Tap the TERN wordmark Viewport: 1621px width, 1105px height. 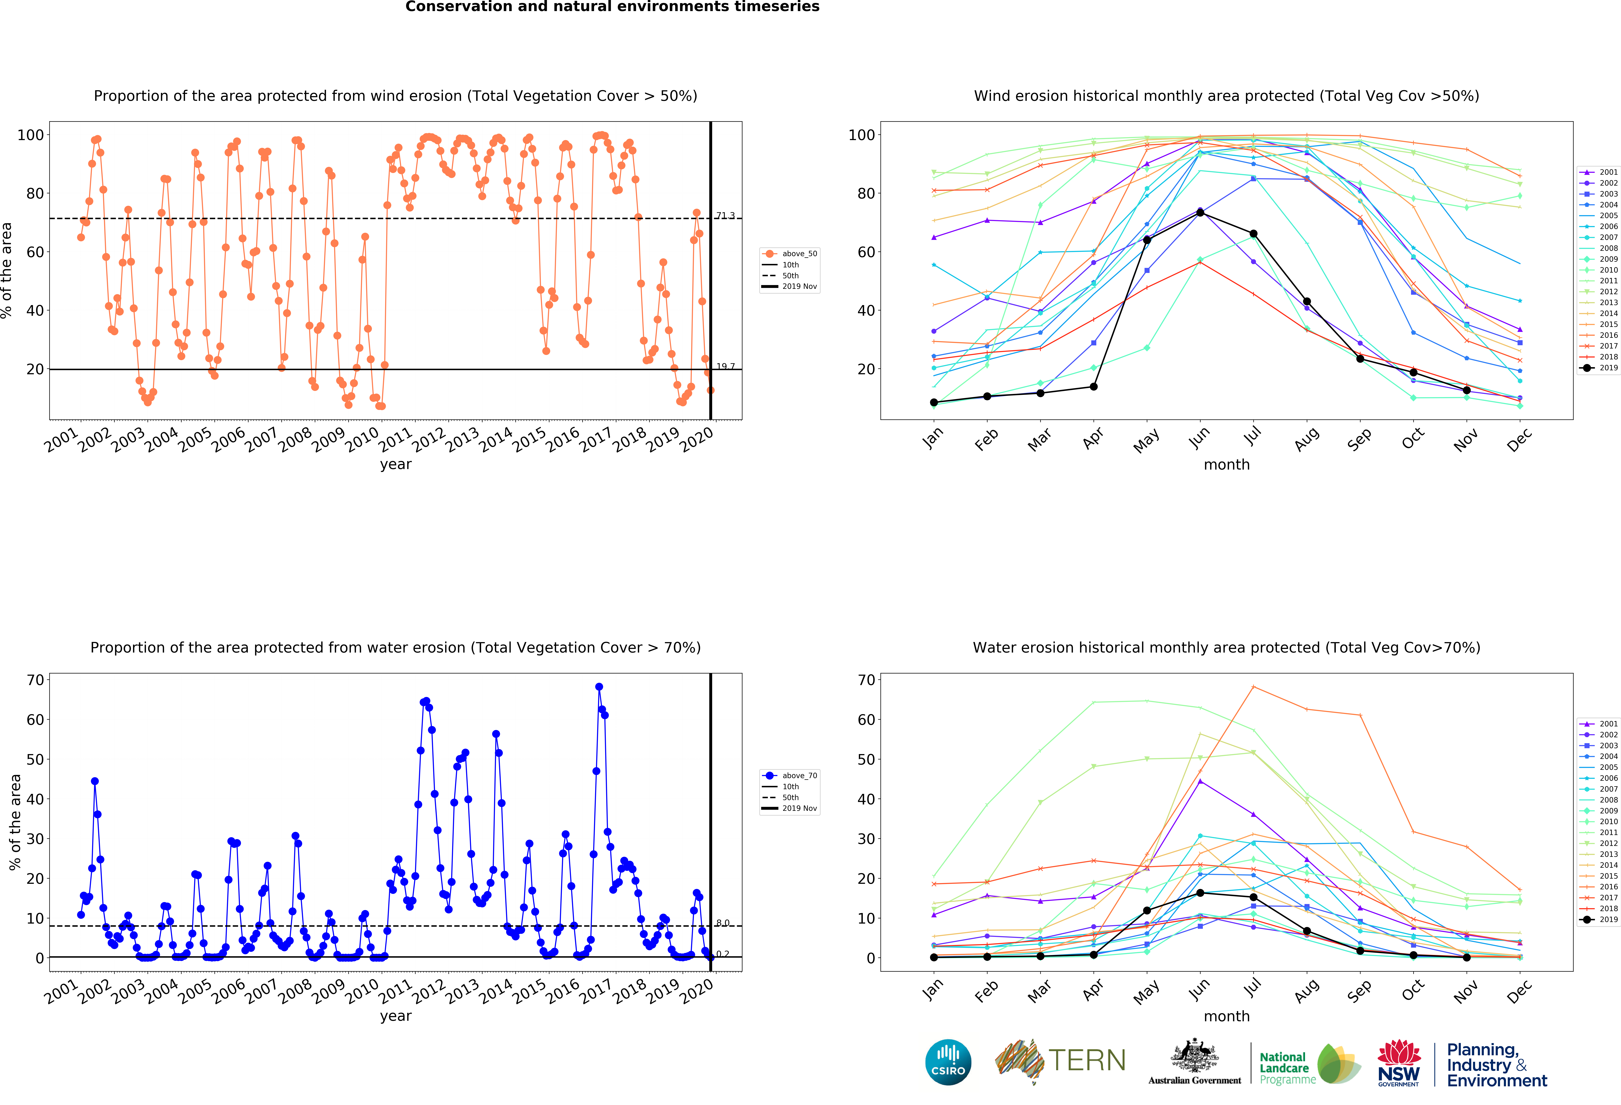pos(1087,1060)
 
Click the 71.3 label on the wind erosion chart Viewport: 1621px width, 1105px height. pos(725,216)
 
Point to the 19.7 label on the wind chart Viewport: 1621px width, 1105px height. pos(725,366)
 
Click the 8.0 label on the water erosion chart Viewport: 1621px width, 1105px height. pos(723,923)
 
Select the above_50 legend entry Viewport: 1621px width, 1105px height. pos(799,254)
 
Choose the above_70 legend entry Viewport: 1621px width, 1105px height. pos(799,776)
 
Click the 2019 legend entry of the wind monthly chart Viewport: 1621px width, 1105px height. pos(1608,368)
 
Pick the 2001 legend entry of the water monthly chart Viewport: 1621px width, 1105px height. pos(1608,724)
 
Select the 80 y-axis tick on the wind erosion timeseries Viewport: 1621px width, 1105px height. pos(35,193)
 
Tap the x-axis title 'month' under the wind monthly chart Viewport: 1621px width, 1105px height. pos(1226,465)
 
